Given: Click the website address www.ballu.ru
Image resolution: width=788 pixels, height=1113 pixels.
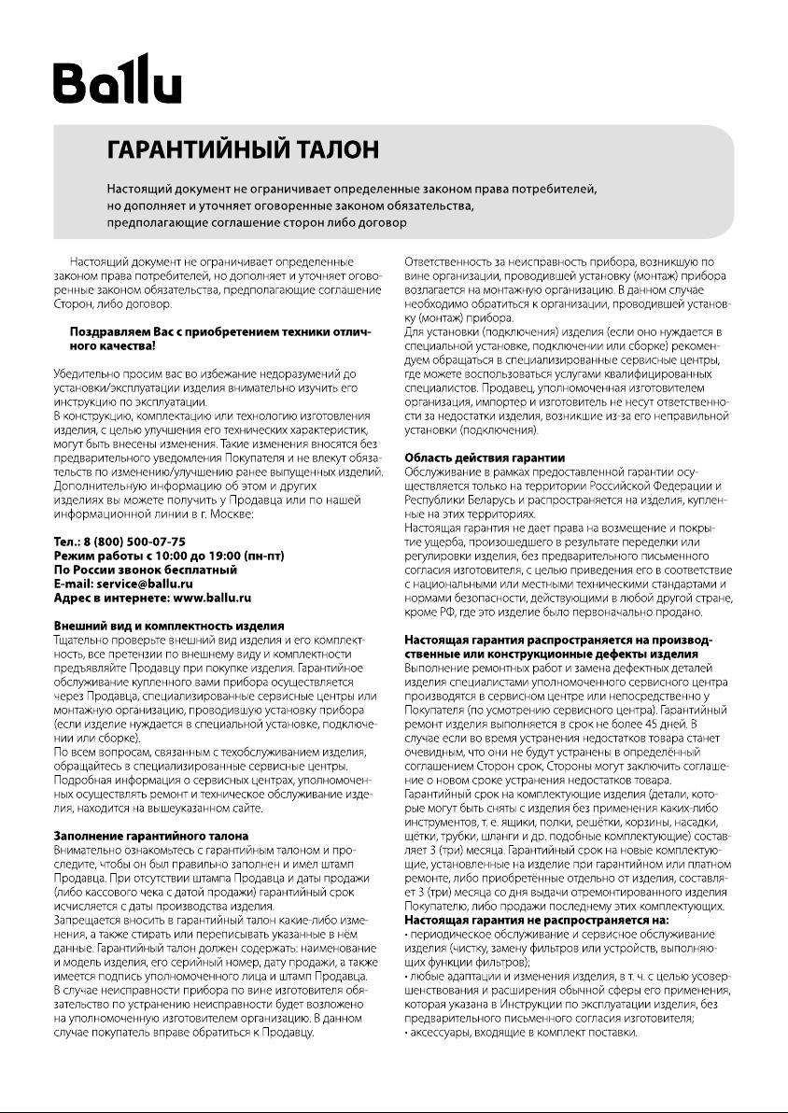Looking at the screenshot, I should tap(213, 598).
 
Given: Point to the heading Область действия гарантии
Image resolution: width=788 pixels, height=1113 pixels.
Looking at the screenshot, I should tap(484, 458).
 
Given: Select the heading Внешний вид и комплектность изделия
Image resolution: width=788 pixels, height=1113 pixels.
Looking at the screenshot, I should tap(169, 626).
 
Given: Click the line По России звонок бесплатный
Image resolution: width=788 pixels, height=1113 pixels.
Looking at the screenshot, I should tap(145, 571).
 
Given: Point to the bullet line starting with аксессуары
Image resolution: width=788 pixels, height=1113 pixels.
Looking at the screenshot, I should tap(524, 1033).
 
